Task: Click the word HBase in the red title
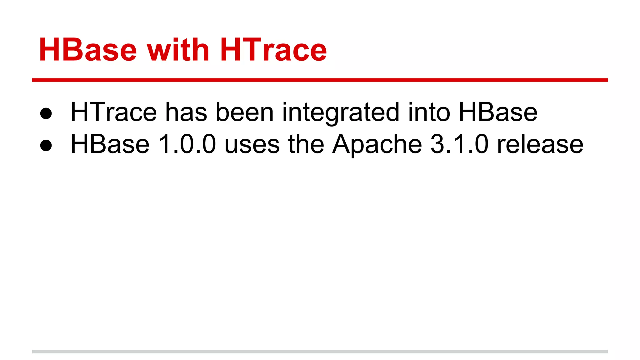(x=88, y=50)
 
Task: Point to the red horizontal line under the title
(x=320, y=80)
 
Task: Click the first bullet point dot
(x=46, y=113)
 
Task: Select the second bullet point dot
(x=46, y=145)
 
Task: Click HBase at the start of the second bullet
(x=110, y=144)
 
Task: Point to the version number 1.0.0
(x=187, y=144)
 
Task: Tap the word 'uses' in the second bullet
(x=252, y=144)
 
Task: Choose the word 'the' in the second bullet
(x=306, y=144)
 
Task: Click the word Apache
(x=377, y=144)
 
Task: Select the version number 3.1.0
(x=459, y=144)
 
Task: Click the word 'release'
(x=540, y=144)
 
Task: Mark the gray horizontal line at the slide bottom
(x=320, y=352)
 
